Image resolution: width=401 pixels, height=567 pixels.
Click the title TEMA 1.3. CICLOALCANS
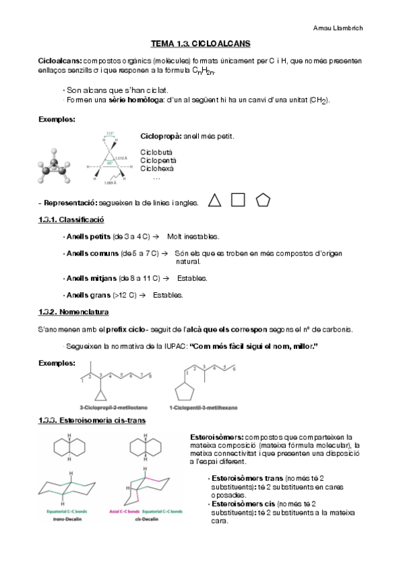(200, 43)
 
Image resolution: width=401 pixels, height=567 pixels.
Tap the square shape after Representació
(238, 199)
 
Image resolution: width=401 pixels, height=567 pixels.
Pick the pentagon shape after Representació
(263, 200)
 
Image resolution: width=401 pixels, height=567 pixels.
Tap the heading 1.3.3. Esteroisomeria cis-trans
(88, 420)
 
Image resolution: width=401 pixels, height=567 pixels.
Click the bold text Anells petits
(88, 237)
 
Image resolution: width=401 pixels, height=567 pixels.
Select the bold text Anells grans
(87, 295)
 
